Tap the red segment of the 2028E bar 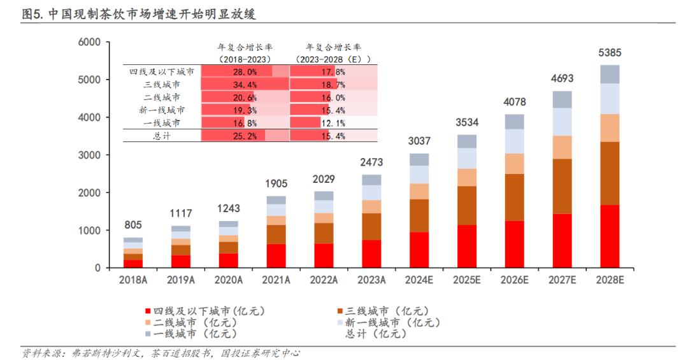(610, 236)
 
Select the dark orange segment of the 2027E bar (562, 186)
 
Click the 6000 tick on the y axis (90, 42)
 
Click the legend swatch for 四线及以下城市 (148, 312)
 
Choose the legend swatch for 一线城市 (148, 333)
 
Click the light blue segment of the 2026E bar (514, 141)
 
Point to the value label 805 (133, 225)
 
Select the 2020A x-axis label (228, 280)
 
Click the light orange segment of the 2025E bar (466, 177)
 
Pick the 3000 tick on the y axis (90, 155)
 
